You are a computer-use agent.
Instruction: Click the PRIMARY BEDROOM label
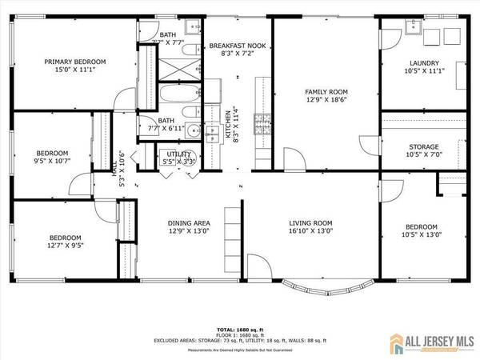coord(75,61)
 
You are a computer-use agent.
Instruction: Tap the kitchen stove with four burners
coord(262,122)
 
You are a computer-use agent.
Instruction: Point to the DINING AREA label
coord(188,223)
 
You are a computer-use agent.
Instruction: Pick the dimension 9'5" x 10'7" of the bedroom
coord(50,162)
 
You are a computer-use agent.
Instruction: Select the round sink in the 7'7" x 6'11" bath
coord(187,112)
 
